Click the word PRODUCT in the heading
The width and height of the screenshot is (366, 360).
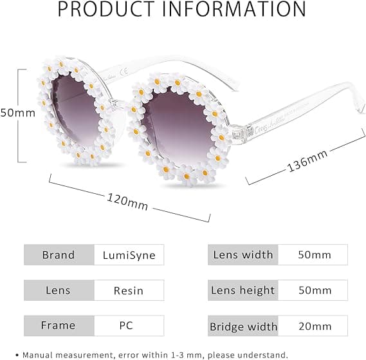click(106, 9)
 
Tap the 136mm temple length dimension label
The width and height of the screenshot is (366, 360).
click(307, 161)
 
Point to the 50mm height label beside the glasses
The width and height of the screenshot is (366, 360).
click(18, 113)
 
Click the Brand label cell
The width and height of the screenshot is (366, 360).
click(59, 255)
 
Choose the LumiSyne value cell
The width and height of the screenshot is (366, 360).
click(129, 255)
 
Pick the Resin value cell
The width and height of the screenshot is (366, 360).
click(129, 290)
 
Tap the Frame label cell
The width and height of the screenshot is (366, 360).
click(59, 326)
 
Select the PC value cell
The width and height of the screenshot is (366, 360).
click(129, 326)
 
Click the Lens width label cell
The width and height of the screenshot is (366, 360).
click(243, 255)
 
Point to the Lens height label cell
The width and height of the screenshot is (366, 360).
click(243, 290)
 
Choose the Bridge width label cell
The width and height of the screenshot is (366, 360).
click(243, 326)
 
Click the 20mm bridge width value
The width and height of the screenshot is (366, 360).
click(315, 326)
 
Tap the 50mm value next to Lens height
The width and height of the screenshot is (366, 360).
click(315, 290)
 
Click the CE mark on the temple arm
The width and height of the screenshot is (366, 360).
click(124, 71)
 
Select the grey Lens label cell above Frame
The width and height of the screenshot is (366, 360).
click(59, 290)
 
